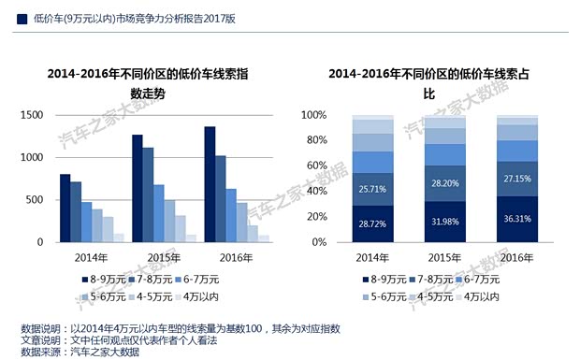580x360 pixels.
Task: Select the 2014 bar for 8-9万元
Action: point(65,208)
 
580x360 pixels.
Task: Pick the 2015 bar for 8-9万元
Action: point(137,188)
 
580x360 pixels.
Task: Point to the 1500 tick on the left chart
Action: point(32,115)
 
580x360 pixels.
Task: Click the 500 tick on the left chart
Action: point(35,200)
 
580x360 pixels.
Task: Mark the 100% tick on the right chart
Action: point(313,115)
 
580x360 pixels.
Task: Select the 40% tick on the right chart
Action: point(316,192)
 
